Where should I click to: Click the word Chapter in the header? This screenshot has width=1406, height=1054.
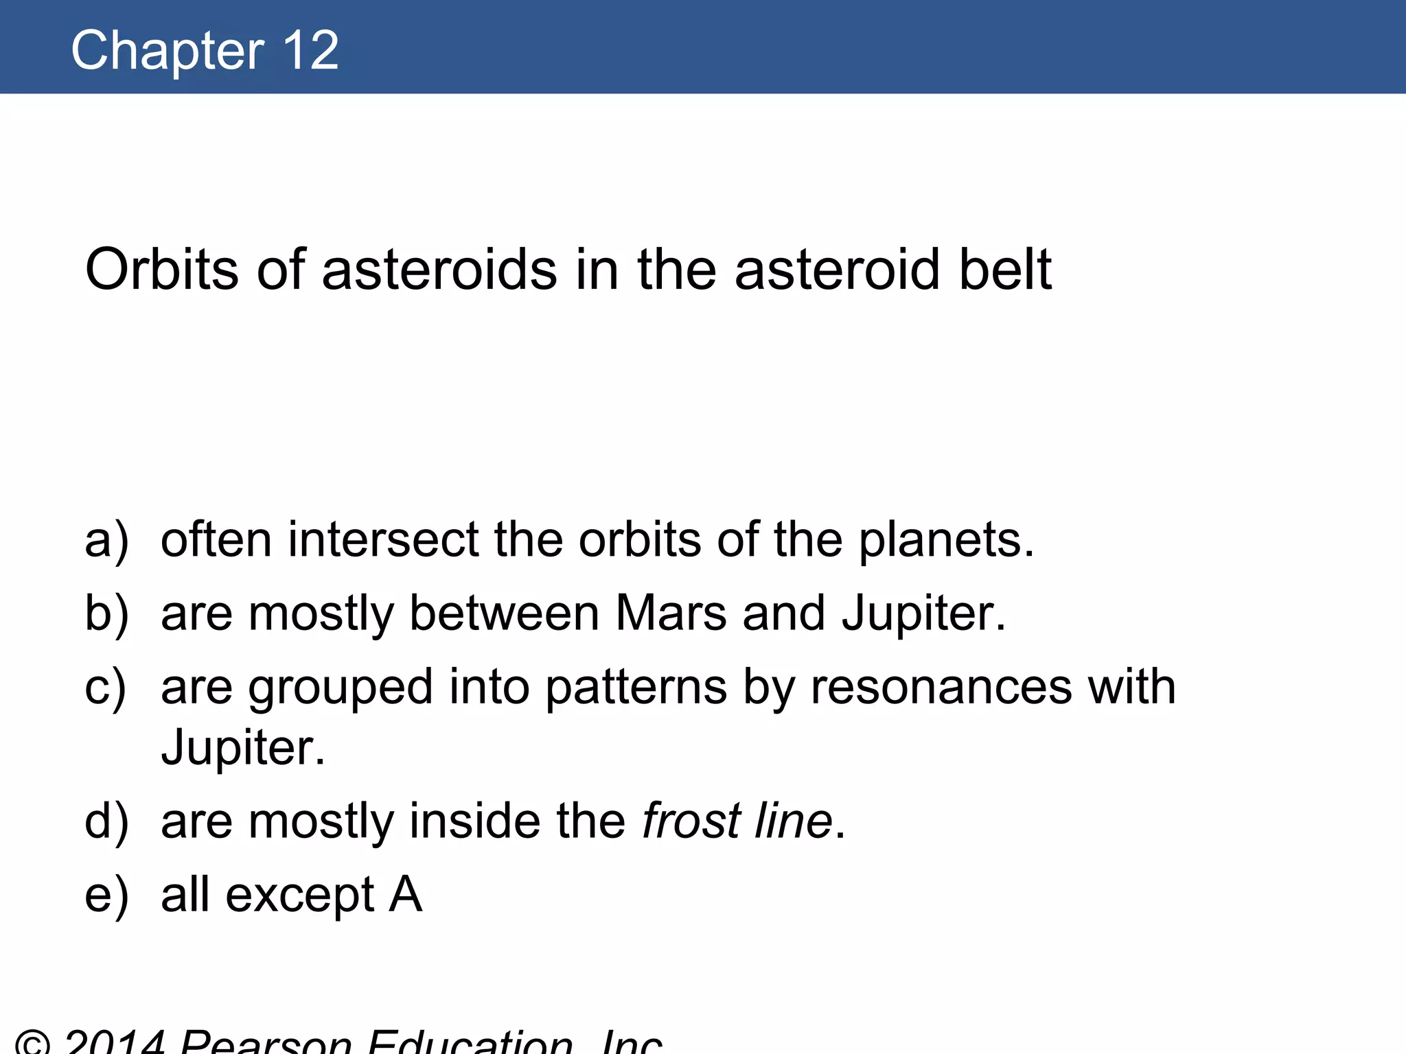point(168,51)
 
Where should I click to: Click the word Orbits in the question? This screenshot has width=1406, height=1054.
point(162,269)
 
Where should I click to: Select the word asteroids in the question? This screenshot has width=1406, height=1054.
point(439,269)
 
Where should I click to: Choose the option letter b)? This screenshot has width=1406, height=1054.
point(106,613)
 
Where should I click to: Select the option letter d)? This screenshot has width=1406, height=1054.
point(106,821)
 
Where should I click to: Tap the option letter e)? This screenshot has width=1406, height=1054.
point(106,895)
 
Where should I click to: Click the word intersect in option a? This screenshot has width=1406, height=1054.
point(383,539)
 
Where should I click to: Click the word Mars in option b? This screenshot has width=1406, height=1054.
point(671,613)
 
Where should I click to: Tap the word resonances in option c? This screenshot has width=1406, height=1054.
point(941,687)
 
